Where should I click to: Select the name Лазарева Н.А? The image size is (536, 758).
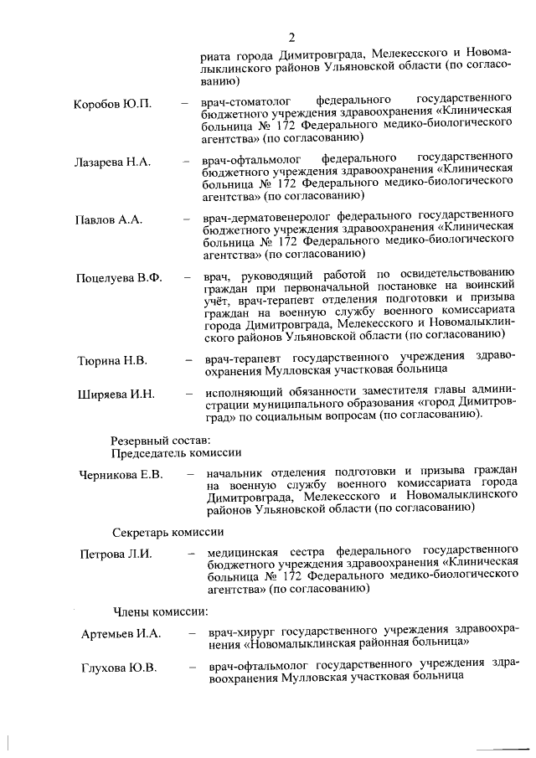pyautogui.click(x=112, y=162)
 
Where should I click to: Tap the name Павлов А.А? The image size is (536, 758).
pyautogui.click(x=108, y=219)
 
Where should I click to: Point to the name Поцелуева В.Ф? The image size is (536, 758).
pyautogui.click(x=119, y=278)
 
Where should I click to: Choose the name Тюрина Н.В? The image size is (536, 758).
pyautogui.click(x=112, y=361)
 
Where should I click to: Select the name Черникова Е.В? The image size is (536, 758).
pyautogui.click(x=121, y=475)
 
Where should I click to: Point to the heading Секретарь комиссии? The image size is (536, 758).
pyautogui.click(x=168, y=532)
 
